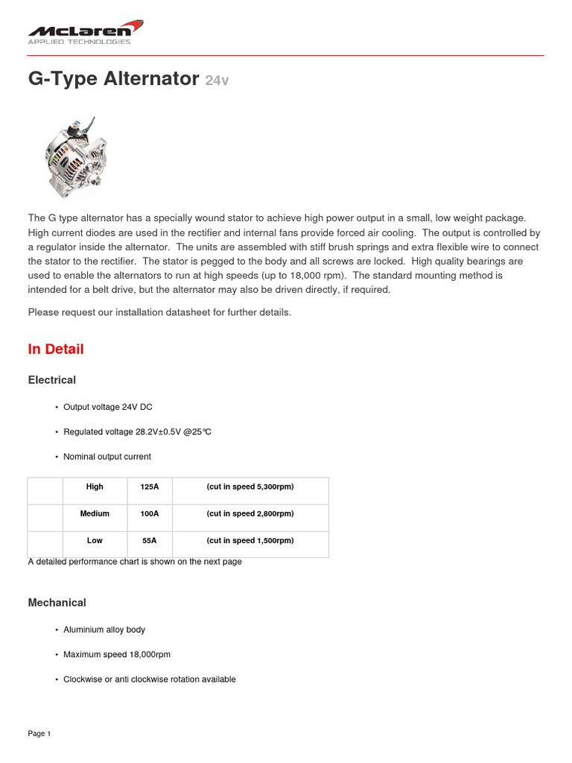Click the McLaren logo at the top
pos(85,32)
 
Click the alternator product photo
pos(75,149)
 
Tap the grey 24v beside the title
pos(216,80)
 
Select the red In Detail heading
pos(56,349)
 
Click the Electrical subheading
pos(52,380)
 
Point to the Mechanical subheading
pos(57,603)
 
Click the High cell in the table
pos(95,487)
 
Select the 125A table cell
pos(149,487)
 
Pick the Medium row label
pos(95,513)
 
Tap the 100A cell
pos(149,513)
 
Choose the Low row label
pos(95,540)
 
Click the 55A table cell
pos(149,540)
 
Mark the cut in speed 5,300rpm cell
pos(250,487)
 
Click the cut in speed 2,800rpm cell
pos(250,513)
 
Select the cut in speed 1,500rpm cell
pos(250,540)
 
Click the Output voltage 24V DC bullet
pos(108,408)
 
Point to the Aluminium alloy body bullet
pos(104,630)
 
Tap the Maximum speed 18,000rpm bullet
pos(117,654)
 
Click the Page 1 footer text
pos(39,734)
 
